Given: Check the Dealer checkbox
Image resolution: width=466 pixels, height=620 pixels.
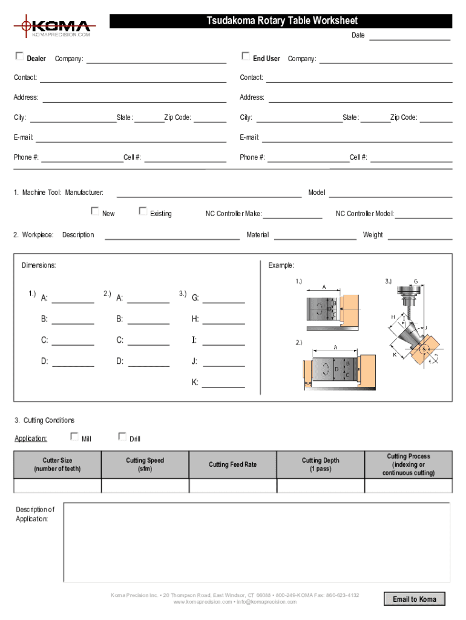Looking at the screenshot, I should pos(19,57).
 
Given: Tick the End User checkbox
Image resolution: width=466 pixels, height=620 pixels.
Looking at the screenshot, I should pos(246,56).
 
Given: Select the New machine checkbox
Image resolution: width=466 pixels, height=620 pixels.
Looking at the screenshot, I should pos(95,211).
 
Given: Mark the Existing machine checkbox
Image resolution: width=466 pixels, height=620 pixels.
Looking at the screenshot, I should pos(143,211).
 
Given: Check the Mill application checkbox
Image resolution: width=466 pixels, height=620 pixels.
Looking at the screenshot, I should pos(74,436).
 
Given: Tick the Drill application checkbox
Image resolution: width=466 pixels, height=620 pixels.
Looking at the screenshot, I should pos(122,436).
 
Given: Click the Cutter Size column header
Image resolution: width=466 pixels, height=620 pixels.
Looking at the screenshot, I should pos(57,464).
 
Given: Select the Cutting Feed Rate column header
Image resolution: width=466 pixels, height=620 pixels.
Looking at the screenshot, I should pos(233,464).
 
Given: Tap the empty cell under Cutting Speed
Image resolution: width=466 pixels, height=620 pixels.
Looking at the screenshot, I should pos(145,486).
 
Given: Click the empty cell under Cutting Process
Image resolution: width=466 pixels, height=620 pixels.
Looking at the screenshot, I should pos(409,486).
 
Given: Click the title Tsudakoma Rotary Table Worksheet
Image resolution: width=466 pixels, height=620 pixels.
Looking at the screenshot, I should pos(282,21).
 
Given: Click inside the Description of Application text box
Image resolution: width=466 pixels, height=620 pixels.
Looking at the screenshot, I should pos(257,542).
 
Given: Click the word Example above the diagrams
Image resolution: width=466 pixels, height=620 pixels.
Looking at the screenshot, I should pos(281,265).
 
